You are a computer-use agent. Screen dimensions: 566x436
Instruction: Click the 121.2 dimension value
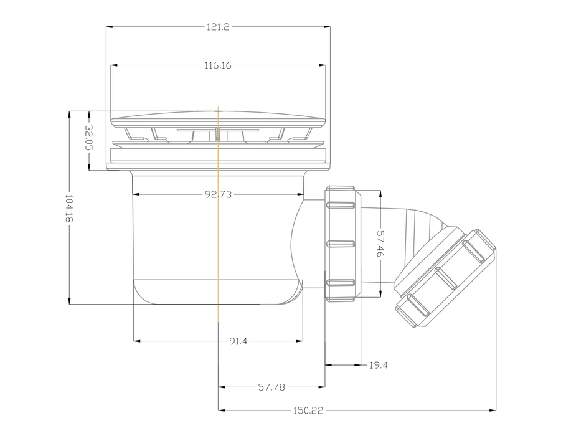[218, 27]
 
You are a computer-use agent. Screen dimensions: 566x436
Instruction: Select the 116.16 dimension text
[218, 65]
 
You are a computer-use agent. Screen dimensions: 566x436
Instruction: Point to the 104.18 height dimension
[69, 209]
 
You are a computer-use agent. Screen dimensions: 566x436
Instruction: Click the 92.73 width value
[218, 194]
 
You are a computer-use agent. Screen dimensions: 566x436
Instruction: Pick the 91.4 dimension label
[238, 341]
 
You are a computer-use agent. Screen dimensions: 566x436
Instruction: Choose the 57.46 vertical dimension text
[380, 244]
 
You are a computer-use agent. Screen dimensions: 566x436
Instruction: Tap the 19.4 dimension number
[379, 365]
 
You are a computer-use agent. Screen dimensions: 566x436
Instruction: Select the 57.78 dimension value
[271, 387]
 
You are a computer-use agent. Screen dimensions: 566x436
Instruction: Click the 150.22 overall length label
[308, 410]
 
